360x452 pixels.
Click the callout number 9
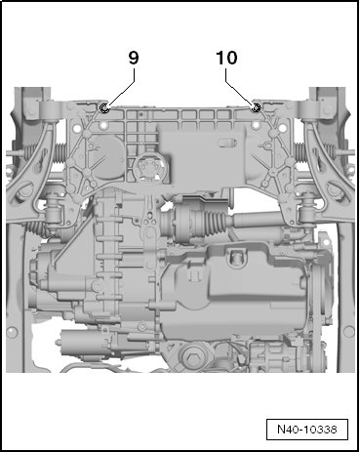(134, 58)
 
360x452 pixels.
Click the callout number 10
(226, 58)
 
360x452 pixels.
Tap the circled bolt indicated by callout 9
(104, 107)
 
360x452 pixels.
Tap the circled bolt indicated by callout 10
(256, 107)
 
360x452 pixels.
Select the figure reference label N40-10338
(307, 430)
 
